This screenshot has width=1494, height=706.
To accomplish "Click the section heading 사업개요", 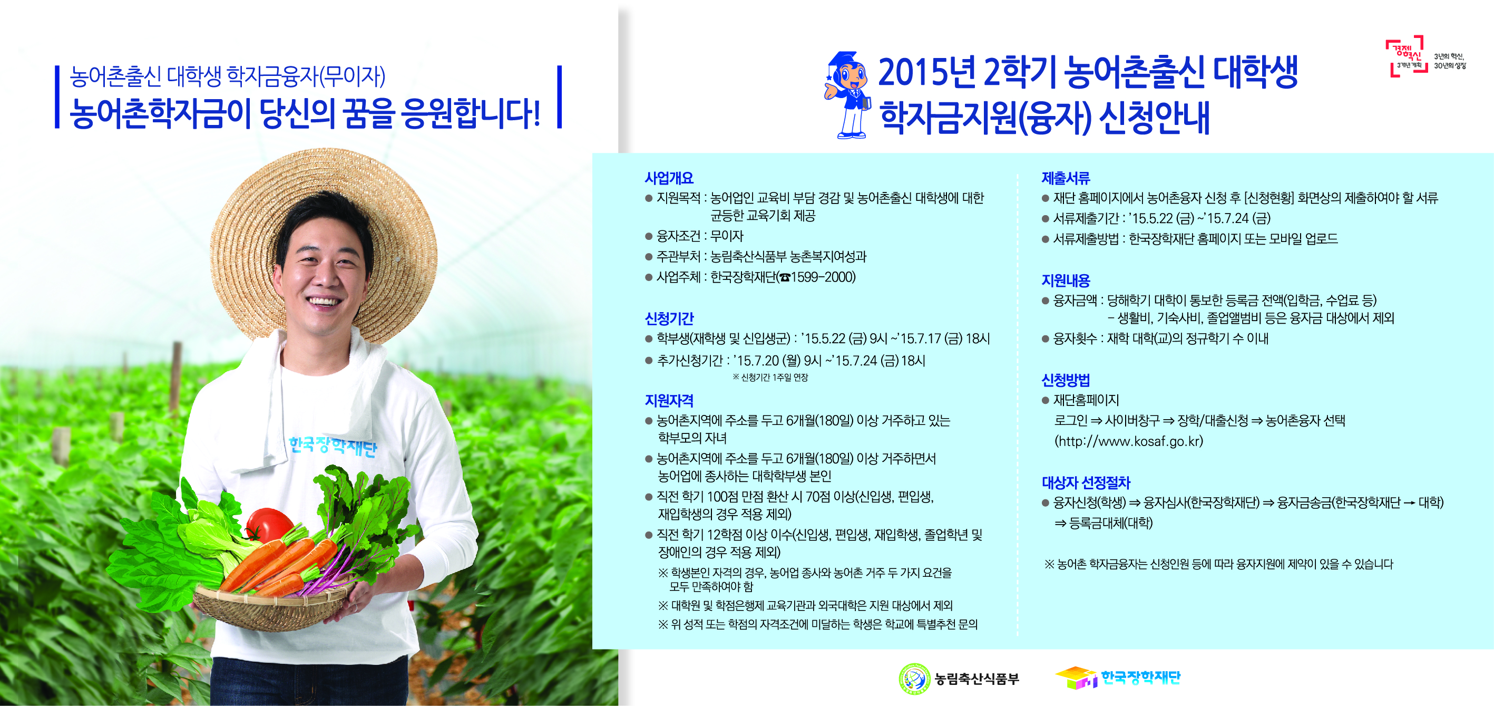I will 669,178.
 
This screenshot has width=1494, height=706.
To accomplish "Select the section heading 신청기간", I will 669,318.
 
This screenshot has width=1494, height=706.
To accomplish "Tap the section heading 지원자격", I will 669,400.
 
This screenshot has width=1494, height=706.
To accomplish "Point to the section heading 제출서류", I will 1066,178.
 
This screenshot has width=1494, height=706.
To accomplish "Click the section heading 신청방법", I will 1066,380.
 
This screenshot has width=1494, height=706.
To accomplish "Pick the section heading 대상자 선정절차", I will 1086,482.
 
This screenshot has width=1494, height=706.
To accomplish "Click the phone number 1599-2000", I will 823,277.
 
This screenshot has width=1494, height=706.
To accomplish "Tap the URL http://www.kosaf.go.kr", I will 1129,441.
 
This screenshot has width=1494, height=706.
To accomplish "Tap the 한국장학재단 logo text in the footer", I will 1140,678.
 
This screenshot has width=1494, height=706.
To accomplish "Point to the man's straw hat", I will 325,186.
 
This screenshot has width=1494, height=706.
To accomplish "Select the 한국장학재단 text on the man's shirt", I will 333,447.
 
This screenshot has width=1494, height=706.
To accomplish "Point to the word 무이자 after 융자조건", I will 726,236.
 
